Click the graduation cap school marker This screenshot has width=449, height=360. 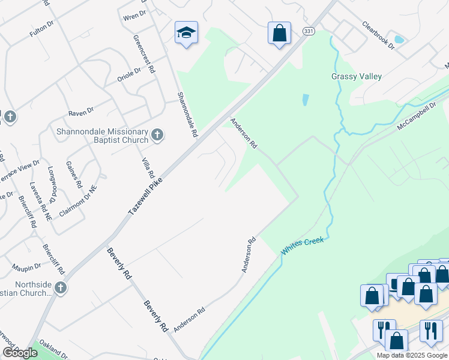click(186, 34)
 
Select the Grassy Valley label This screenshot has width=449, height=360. click(357, 77)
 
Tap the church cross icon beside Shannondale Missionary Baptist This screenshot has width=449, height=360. click(157, 134)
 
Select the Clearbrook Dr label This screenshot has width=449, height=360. click(378, 35)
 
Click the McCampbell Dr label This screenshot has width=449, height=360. click(417, 119)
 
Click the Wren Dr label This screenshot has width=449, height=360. click(134, 14)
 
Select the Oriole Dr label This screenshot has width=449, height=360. click(128, 74)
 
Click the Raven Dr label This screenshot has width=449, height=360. click(81, 112)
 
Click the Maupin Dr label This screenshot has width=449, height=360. click(26, 266)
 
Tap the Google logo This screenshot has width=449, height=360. click(19, 353)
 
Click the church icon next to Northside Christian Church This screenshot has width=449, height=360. click(60, 289)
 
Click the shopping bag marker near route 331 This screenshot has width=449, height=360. click(279, 34)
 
